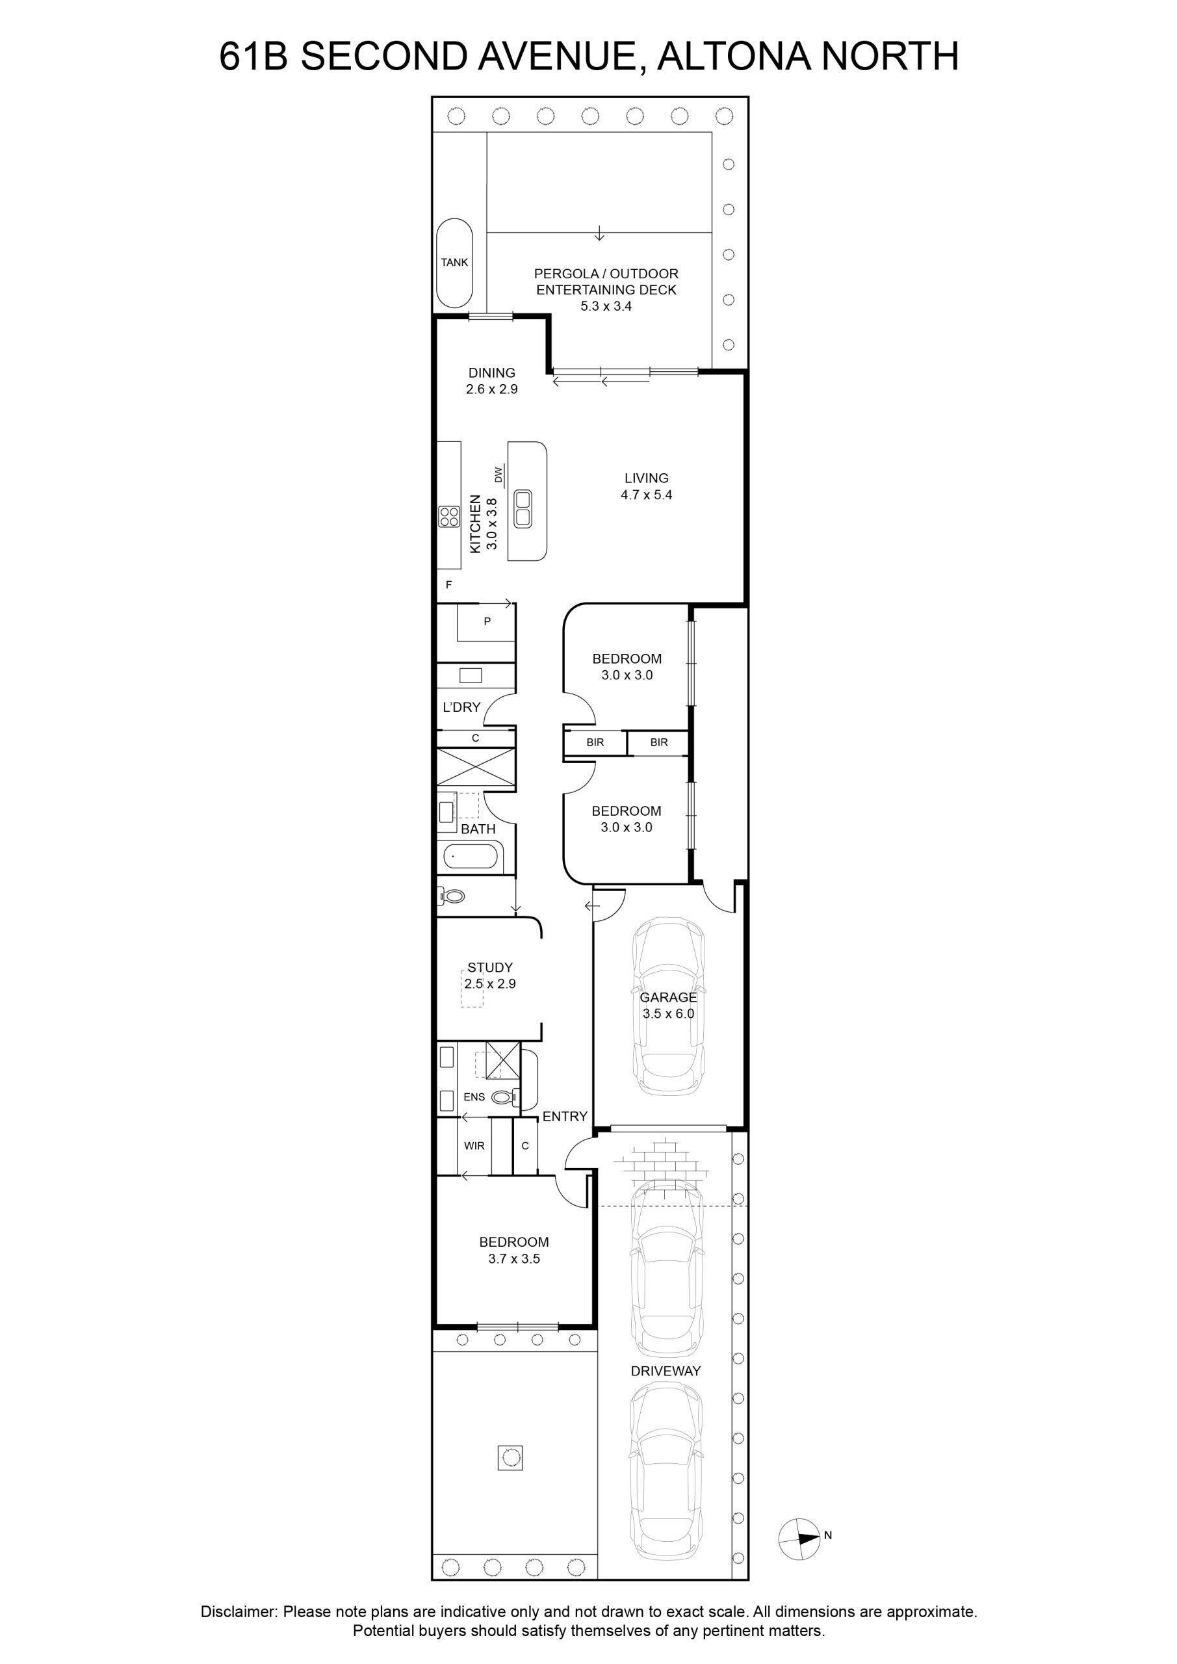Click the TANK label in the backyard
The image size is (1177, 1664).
coord(454,263)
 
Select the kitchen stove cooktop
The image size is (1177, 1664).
coord(449,516)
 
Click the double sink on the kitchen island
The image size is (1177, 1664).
coord(523,508)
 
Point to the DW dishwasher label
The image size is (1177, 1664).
coord(498,474)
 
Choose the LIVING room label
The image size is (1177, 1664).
coord(647,478)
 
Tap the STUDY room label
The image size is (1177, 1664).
coord(490,968)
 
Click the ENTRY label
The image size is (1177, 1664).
coord(565,1117)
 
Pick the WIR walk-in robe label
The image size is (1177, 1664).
coord(474,1146)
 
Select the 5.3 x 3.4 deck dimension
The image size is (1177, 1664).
coord(606,306)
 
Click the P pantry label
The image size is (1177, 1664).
coord(487,621)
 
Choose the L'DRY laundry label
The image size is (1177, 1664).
coord(461,707)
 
